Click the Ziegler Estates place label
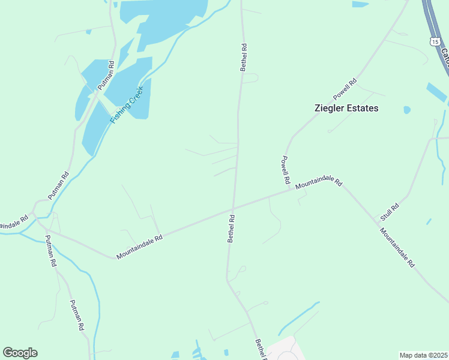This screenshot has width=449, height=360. [346, 109]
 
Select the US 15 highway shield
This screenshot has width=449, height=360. [434, 40]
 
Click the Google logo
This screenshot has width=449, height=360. [20, 353]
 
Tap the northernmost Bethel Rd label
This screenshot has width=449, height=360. [244, 57]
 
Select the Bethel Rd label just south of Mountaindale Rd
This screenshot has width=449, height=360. [231, 229]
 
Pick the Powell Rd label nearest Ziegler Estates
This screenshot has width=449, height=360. [345, 89]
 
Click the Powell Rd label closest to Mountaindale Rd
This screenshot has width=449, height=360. [285, 170]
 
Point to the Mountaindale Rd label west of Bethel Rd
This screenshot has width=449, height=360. [139, 247]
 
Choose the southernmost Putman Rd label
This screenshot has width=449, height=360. [75, 316]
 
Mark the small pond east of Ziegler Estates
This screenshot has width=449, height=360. [408, 110]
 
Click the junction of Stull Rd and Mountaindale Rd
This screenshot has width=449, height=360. [378, 223]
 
